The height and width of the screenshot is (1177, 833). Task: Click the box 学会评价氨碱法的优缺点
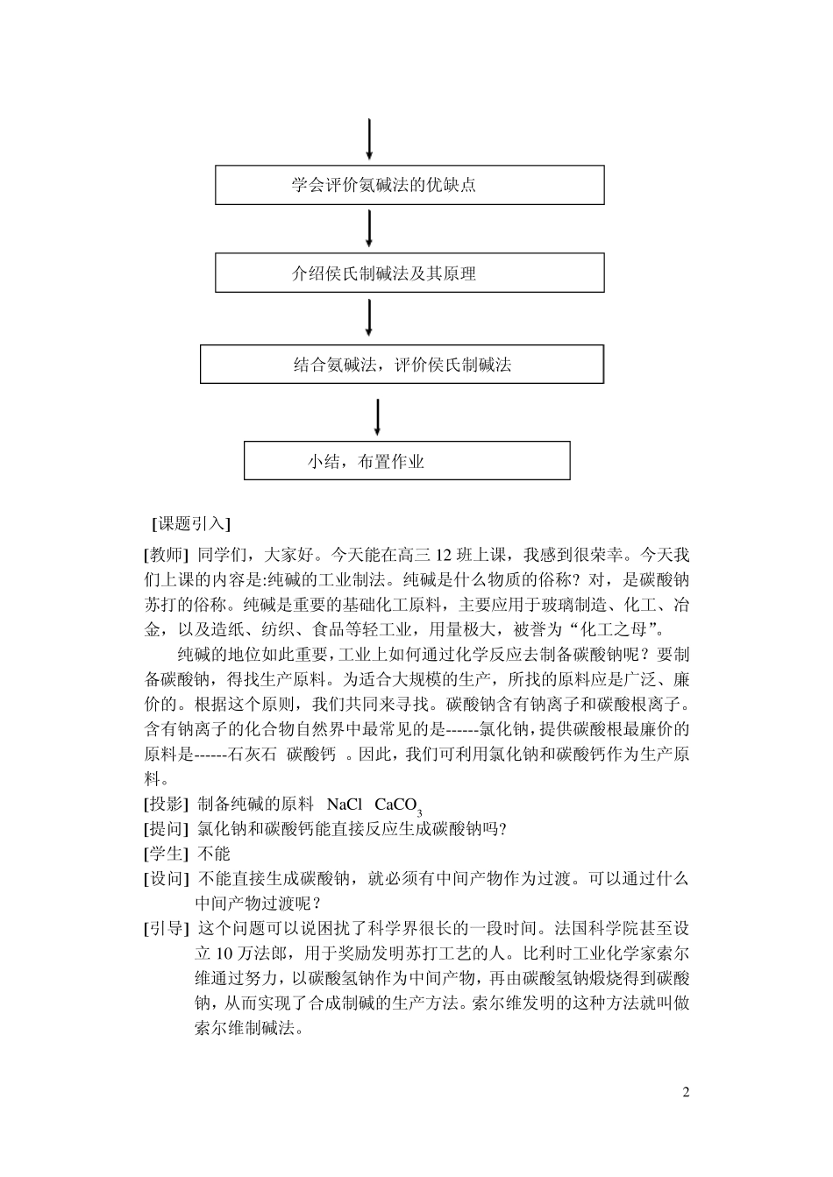click(x=409, y=185)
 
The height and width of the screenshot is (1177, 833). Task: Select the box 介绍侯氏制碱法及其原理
click(x=409, y=273)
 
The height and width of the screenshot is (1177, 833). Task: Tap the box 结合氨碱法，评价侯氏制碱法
click(x=402, y=365)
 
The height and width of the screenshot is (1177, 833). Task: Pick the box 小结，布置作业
click(x=407, y=460)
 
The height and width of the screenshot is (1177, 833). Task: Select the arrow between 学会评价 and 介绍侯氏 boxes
click(x=369, y=228)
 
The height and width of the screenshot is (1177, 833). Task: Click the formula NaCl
click(x=345, y=804)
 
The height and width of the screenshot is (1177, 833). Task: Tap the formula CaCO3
click(x=399, y=805)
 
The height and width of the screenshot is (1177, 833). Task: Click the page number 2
click(x=686, y=1092)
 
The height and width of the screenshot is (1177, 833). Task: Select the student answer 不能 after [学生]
click(x=214, y=853)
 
